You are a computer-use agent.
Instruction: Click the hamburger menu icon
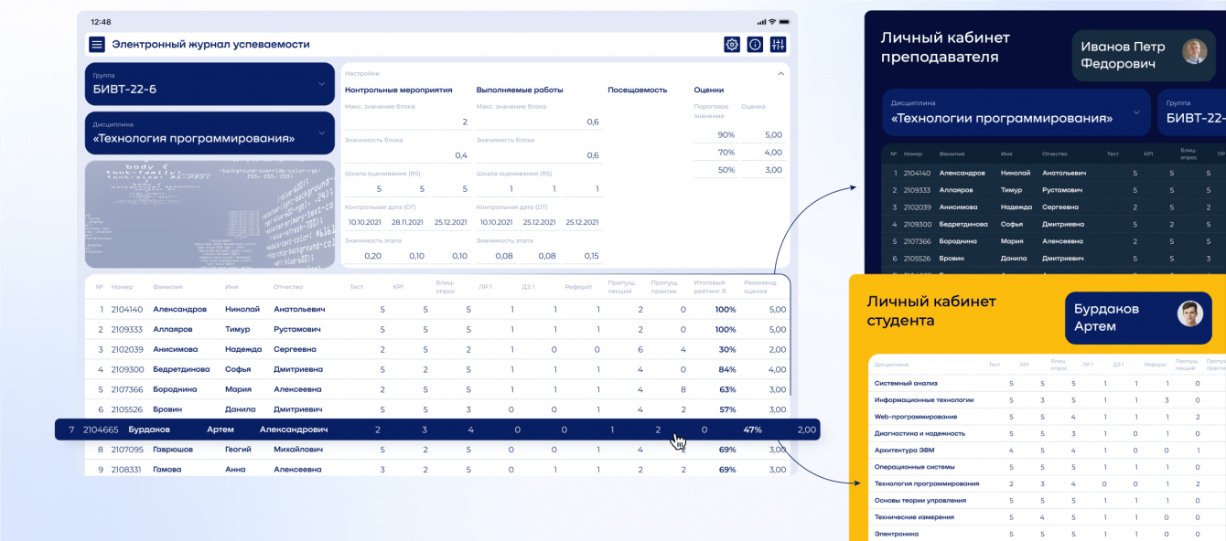click(97, 44)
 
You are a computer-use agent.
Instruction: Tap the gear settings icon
click(732, 44)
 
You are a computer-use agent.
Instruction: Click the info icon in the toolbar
click(755, 44)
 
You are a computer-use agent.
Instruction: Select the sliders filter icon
click(779, 44)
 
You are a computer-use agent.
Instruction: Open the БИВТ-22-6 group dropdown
click(210, 84)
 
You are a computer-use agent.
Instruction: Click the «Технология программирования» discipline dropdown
click(210, 133)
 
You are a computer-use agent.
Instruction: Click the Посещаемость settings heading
click(637, 90)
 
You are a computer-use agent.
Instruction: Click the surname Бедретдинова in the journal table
click(181, 369)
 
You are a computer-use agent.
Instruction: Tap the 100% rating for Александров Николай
click(726, 310)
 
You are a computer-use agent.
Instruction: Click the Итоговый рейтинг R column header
click(710, 286)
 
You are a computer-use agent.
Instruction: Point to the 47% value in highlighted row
click(752, 430)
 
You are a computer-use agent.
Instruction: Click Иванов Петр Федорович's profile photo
click(1194, 51)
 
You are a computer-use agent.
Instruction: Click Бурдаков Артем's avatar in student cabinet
click(1189, 314)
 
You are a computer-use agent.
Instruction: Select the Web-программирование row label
click(915, 417)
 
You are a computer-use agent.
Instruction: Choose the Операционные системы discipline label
click(915, 467)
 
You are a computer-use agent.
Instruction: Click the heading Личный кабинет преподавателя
click(945, 48)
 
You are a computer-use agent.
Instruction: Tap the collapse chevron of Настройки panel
click(780, 73)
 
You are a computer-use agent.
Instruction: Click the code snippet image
click(210, 215)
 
